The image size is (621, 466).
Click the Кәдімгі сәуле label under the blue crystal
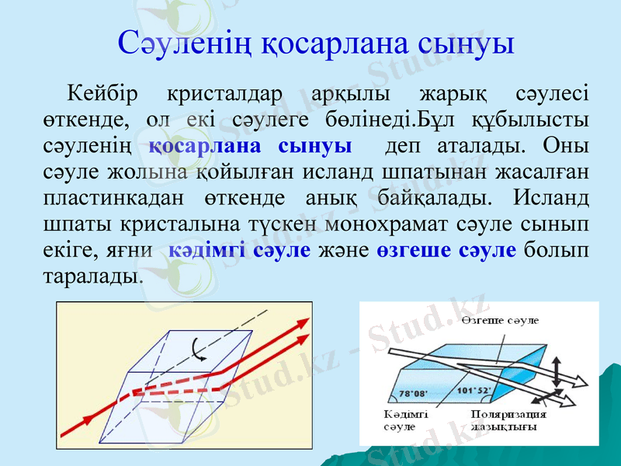coord(401,421)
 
